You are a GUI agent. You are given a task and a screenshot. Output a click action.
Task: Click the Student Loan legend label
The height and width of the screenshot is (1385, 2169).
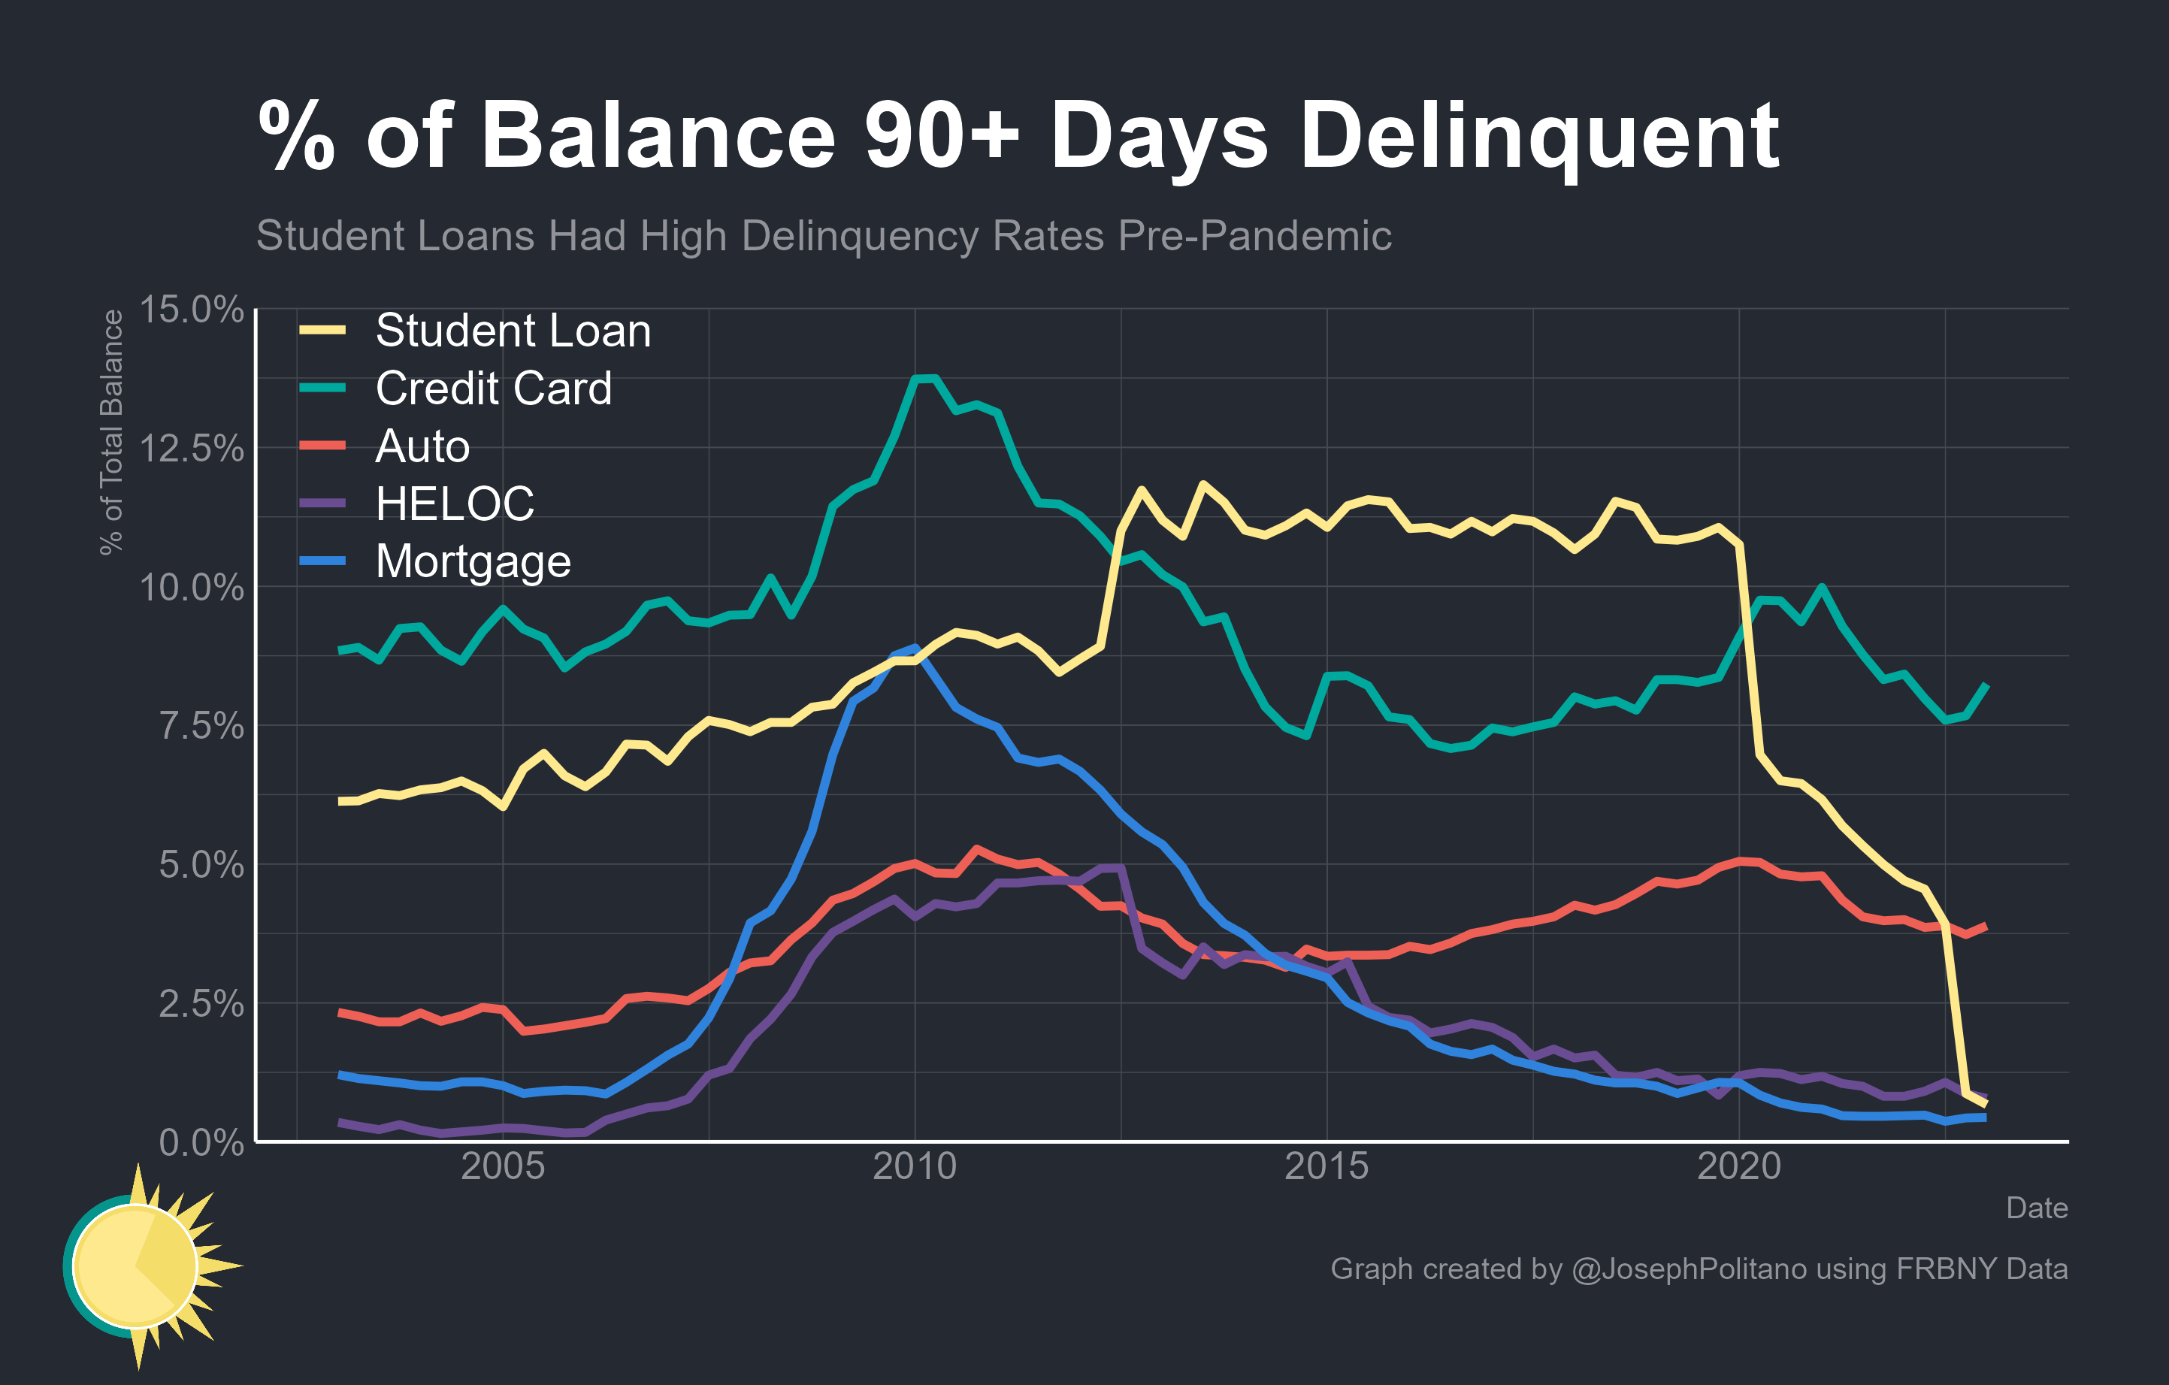[x=513, y=331]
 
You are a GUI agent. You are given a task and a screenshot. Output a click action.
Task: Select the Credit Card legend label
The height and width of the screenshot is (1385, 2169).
[x=493, y=388]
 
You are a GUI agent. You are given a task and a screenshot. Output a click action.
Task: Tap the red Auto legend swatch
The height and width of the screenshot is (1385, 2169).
[x=322, y=445]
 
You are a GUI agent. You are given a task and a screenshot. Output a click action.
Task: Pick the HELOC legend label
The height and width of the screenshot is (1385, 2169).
[x=454, y=503]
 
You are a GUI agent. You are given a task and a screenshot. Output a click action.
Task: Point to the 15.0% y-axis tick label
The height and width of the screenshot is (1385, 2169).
[x=191, y=310]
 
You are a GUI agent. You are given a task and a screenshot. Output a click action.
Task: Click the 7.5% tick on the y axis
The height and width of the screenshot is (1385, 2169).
[x=201, y=726]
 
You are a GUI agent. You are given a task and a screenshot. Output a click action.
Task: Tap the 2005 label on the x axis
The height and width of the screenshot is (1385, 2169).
[x=503, y=1166]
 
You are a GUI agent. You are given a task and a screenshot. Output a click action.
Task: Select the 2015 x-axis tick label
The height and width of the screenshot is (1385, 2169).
[x=1326, y=1166]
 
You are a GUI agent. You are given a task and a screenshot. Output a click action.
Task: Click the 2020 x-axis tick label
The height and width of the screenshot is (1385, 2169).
[x=1738, y=1166]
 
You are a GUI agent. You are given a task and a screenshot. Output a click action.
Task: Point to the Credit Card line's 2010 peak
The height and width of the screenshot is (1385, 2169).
[x=926, y=379]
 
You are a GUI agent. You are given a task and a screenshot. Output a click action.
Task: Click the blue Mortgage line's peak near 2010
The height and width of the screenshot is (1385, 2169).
[x=915, y=648]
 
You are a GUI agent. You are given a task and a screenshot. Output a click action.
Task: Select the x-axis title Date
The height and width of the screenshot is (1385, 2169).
[x=2036, y=1208]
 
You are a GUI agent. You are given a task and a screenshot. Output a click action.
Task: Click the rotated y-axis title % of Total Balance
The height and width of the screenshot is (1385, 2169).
[x=110, y=432]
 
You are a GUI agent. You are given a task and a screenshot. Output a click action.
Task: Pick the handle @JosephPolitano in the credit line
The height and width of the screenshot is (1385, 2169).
[x=1688, y=1269]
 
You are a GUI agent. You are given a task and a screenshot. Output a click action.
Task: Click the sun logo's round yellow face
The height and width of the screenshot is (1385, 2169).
[x=135, y=1266]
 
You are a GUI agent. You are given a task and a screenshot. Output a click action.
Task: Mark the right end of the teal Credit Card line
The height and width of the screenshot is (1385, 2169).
[x=1986, y=686]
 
